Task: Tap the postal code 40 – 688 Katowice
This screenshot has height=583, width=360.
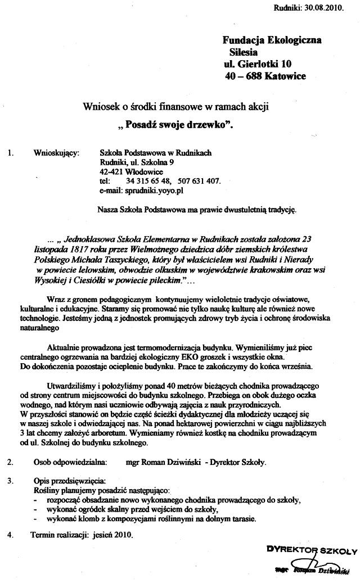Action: tap(264, 76)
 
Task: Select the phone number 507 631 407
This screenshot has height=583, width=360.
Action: tap(197, 181)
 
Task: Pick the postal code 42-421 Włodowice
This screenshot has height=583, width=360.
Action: tap(127, 171)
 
